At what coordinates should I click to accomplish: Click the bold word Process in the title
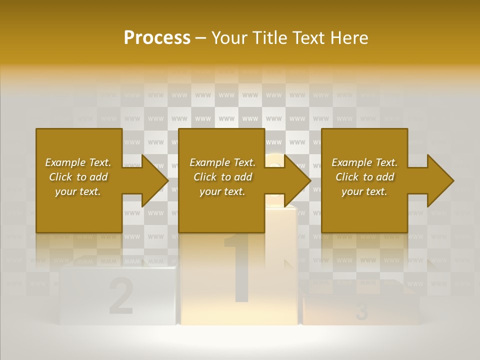tap(157, 37)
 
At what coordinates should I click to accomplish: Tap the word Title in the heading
tap(268, 37)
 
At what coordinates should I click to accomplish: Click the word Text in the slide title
tap(308, 37)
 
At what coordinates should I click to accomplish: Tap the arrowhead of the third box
tap(440, 180)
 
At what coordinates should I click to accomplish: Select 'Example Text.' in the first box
tap(78, 162)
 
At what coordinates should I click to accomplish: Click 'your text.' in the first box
tap(78, 191)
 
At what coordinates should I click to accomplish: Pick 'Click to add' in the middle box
tap(222, 177)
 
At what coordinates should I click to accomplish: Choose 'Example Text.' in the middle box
tap(222, 162)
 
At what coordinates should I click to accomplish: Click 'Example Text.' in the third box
tap(364, 162)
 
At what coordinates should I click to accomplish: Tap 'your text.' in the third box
tap(364, 191)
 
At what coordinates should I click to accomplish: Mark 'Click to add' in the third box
tap(364, 177)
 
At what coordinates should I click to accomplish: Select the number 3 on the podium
tap(362, 312)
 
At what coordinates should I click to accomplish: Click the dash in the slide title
tap(201, 38)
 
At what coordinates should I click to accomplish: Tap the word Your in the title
tap(229, 37)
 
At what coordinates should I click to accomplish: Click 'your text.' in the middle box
tap(222, 191)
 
